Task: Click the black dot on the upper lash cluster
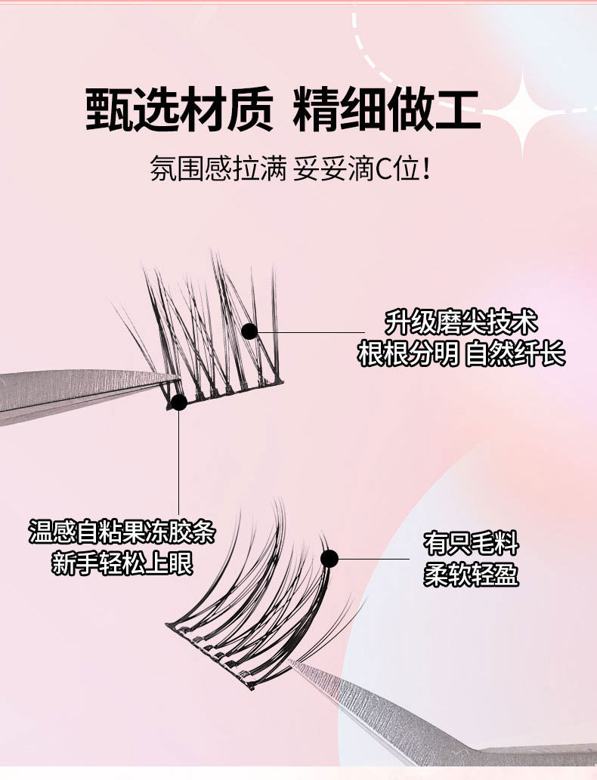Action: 249,331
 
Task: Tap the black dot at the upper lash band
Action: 179,402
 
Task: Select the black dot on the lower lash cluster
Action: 329,559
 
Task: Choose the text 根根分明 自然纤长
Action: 461,354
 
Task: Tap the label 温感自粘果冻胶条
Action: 122,532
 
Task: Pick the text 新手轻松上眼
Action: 122,563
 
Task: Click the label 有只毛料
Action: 472,544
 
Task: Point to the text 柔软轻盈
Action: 472,575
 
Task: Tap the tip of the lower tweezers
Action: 293,663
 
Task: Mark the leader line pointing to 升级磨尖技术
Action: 310,331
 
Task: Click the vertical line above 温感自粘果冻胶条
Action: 179,461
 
